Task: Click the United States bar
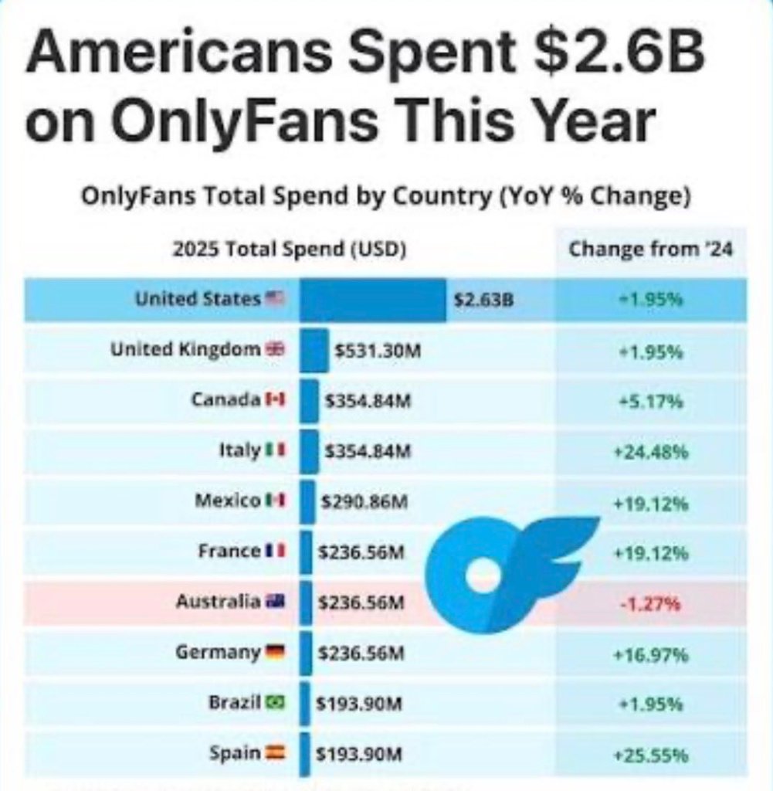372,300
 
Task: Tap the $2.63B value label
483,300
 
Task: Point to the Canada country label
225,400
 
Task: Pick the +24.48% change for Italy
650,452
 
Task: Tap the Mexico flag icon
276,501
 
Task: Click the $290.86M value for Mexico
364,502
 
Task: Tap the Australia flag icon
276,601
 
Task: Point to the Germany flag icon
276,652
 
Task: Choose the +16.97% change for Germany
650,655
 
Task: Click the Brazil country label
234,703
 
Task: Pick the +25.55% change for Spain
650,754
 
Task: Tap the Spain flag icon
276,752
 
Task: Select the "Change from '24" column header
650,250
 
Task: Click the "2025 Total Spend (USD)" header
290,250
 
